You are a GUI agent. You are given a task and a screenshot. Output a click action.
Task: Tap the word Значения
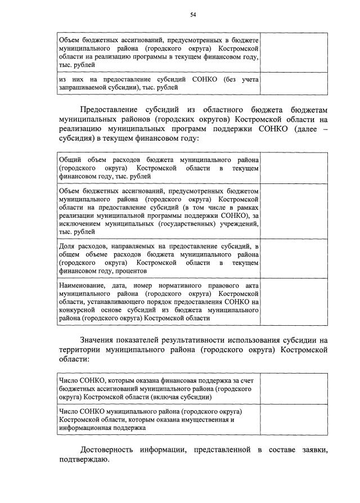[x=99, y=339]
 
